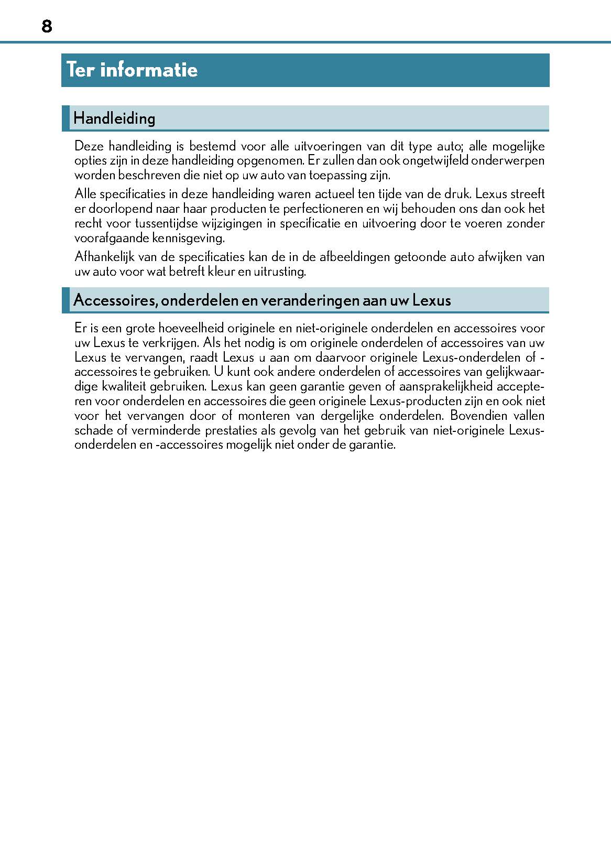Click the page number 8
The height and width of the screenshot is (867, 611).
[47, 26]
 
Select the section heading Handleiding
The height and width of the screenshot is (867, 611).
[114, 118]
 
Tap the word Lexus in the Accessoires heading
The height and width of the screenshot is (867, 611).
[432, 300]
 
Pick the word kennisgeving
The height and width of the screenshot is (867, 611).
[188, 238]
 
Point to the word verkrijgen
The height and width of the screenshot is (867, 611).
[170, 343]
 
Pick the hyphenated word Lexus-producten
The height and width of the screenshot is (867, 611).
[416, 402]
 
